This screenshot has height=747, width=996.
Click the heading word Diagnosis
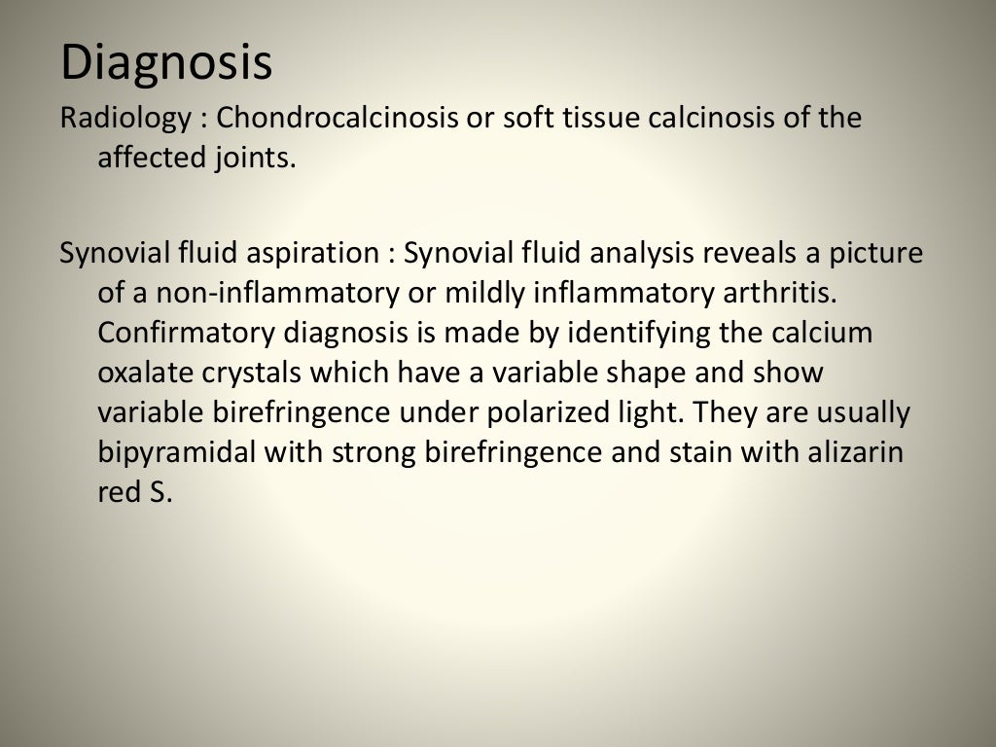(x=166, y=63)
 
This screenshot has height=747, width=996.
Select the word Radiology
(x=125, y=119)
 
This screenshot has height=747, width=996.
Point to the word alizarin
(x=861, y=452)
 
